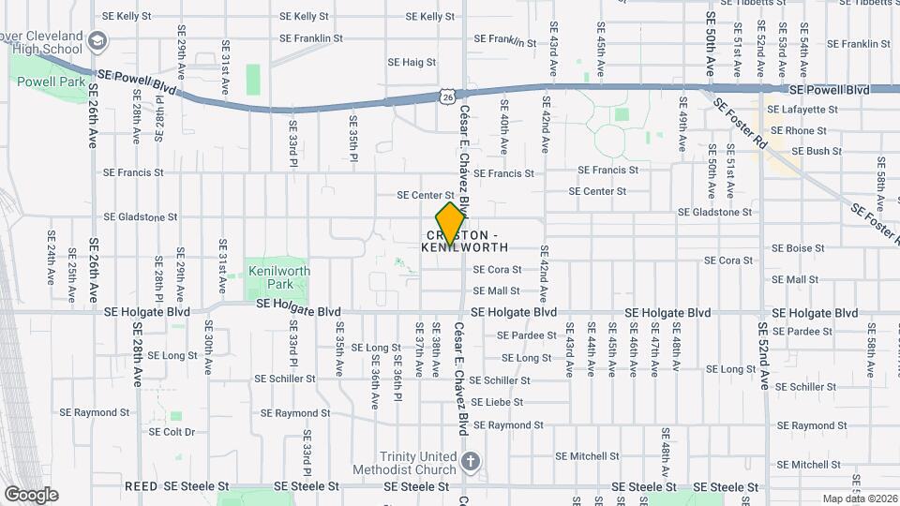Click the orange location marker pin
451,224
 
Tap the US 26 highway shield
447,96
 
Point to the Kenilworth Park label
279,276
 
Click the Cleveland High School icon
98,40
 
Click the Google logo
31,494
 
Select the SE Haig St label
412,63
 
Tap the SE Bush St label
816,151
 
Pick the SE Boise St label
798,248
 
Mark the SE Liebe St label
496,403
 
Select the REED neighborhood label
141,487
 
